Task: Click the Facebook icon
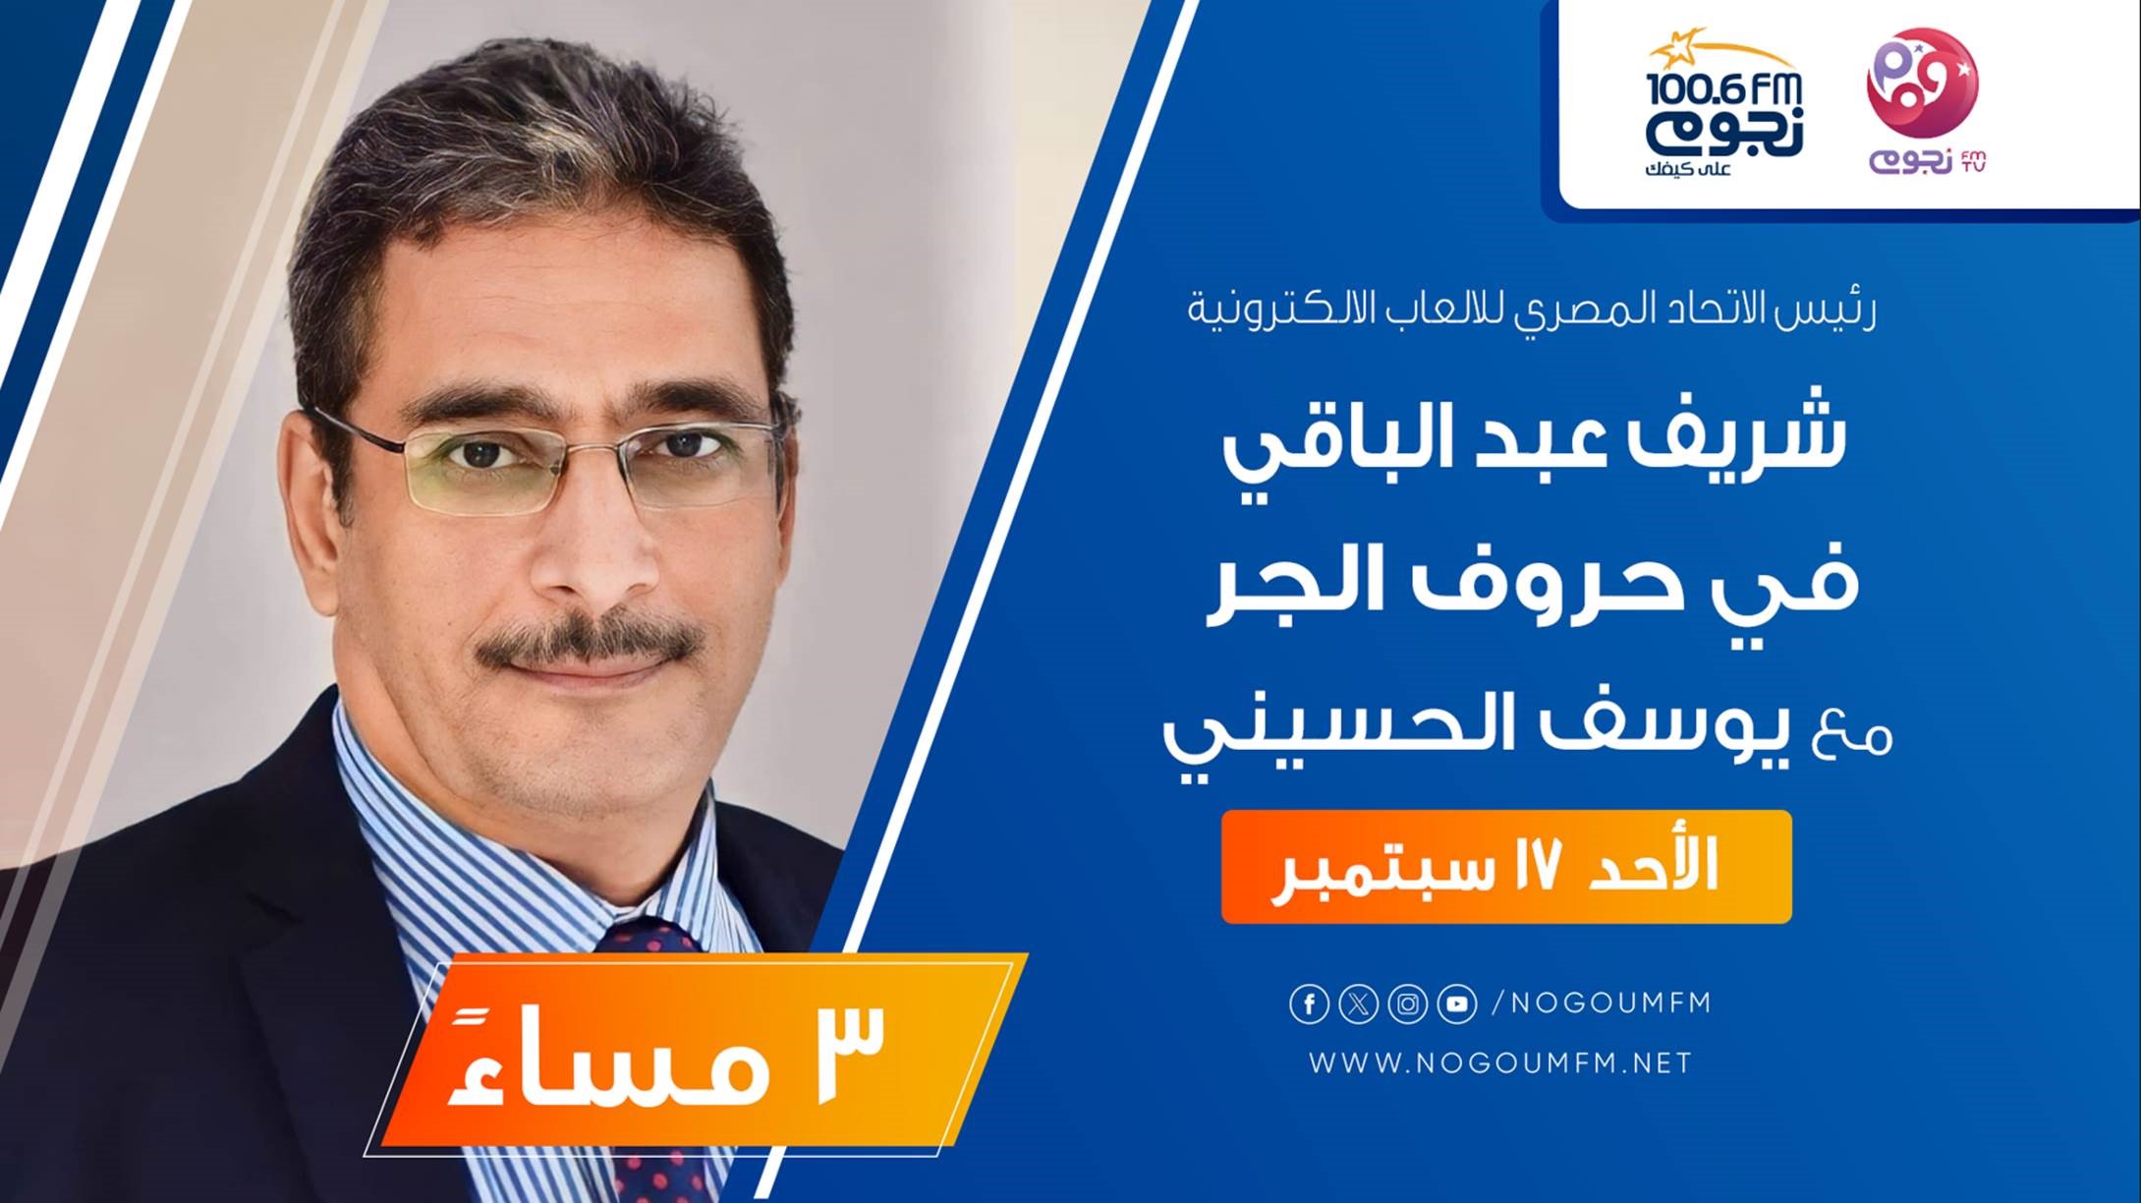pos(1309,1004)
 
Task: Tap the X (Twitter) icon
pos(1358,1004)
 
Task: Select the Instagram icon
pos(1408,1004)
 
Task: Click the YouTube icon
pos(1457,1004)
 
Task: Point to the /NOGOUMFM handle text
pos(1603,1003)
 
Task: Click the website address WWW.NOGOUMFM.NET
pos(1500,1062)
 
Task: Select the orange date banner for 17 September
pos(1506,867)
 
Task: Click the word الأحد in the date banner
pos(1666,865)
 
